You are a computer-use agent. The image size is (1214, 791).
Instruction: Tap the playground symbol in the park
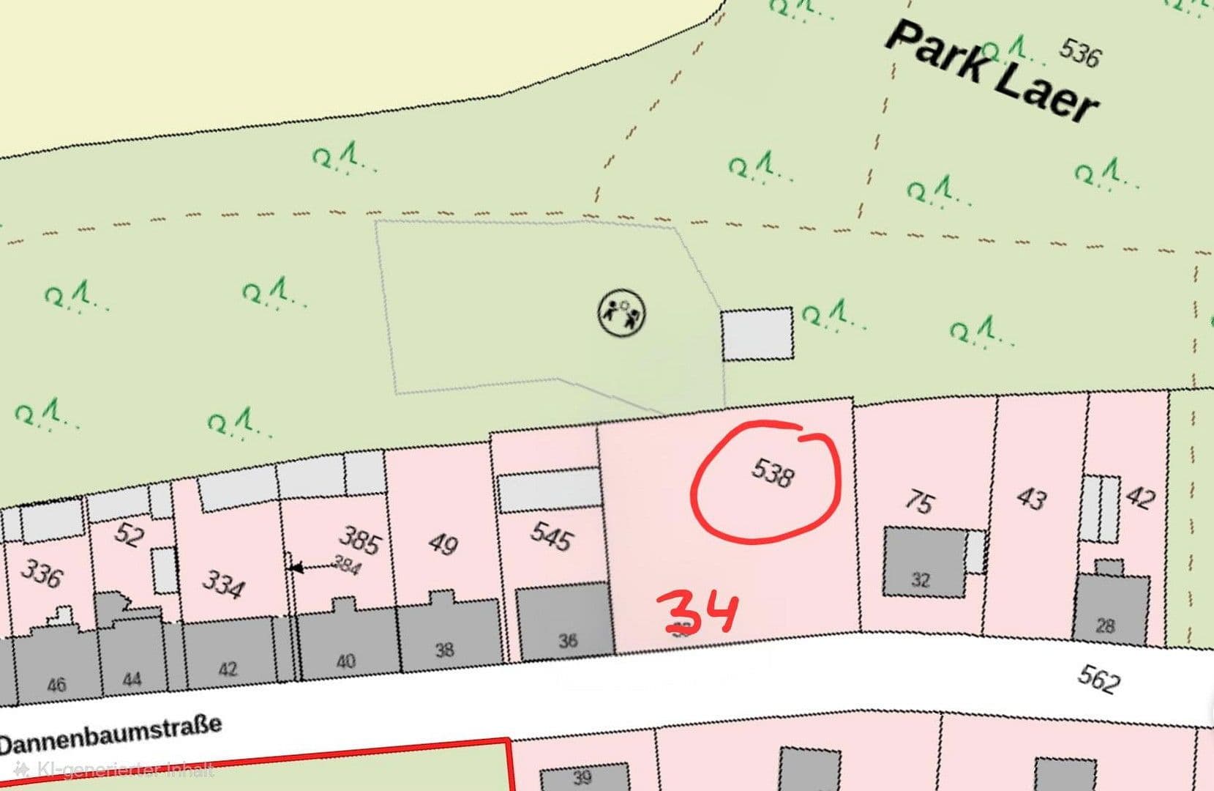pos(622,313)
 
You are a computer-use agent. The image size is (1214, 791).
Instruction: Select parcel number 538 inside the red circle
pos(772,472)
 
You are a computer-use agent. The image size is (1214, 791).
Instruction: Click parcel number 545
pos(552,537)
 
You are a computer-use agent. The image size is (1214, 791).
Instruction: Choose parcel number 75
pos(919,502)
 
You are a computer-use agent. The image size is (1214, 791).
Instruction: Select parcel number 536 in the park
pos(1079,52)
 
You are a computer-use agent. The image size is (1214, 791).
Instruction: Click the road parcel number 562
pos(1098,678)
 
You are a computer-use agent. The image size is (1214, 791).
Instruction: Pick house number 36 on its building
pos(568,641)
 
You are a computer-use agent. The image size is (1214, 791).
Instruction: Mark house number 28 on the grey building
pos(1105,625)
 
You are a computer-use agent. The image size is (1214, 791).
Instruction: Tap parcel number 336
pos(41,573)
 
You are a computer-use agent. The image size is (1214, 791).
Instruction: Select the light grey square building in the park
pos(757,334)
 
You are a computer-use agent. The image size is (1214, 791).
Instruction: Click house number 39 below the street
pos(582,776)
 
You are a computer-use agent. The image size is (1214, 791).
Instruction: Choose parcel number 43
pos(1032,498)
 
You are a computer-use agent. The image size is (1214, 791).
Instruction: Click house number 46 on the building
pos(56,684)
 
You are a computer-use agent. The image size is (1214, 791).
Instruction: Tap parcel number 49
pos(443,544)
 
